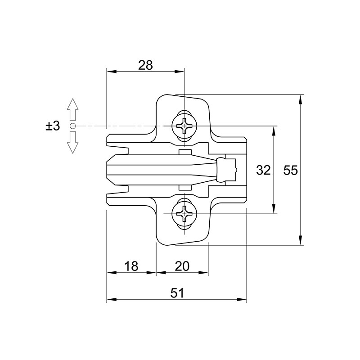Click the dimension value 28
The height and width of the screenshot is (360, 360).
pyautogui.click(x=145, y=65)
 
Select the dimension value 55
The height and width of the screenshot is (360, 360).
pyautogui.click(x=290, y=171)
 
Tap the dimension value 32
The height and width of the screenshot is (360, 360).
pyautogui.click(x=263, y=171)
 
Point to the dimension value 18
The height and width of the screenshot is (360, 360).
pyautogui.click(x=131, y=266)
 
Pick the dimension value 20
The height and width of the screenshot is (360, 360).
pyautogui.click(x=182, y=266)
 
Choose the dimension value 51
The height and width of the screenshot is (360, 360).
pyautogui.click(x=177, y=293)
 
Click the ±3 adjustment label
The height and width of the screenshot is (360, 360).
pyautogui.click(x=53, y=126)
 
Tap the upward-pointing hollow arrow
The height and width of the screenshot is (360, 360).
pyautogui.click(x=72, y=109)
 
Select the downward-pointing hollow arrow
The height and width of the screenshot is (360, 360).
pyautogui.click(x=72, y=142)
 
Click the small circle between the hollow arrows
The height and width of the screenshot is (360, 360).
pyautogui.click(x=72, y=126)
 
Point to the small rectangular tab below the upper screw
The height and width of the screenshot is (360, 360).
pyautogui.click(x=185, y=152)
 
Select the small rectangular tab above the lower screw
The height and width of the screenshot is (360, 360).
pyautogui.click(x=185, y=188)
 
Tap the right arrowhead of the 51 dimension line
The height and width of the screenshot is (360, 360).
pyautogui.click(x=242, y=300)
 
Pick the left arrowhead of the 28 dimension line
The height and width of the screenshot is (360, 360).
pyautogui.click(x=111, y=72)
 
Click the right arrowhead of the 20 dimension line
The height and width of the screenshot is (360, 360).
pyautogui.click(x=204, y=273)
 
